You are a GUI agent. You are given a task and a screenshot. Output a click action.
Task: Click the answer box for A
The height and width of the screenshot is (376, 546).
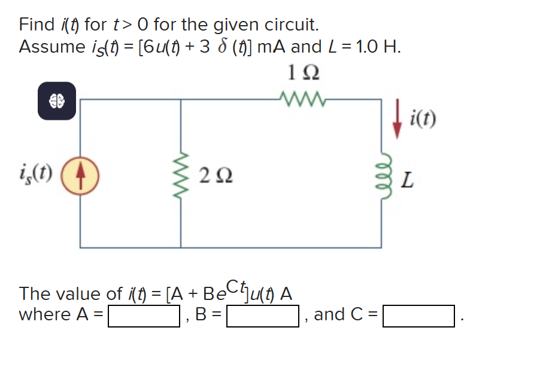point(144,315)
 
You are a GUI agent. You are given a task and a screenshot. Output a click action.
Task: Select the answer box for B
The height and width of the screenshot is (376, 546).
point(262,315)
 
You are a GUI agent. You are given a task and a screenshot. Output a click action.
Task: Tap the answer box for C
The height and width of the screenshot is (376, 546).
point(419,315)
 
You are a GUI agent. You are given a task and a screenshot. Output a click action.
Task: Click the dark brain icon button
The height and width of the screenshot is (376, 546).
point(57,101)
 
